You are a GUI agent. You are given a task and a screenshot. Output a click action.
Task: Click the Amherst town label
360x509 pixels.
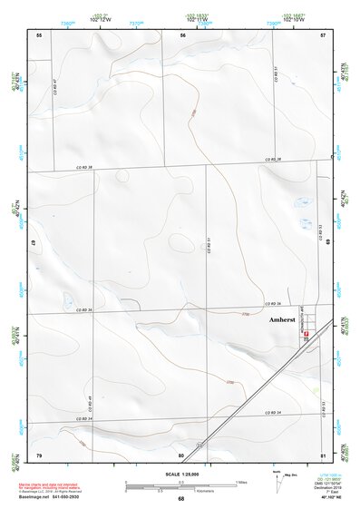(283, 320)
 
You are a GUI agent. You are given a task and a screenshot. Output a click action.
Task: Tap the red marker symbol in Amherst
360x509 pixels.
(306, 335)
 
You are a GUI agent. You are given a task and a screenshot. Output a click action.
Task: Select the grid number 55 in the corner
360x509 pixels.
(39, 34)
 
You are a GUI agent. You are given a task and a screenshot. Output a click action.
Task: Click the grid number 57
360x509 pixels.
(323, 34)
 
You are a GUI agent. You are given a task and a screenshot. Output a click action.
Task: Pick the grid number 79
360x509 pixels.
(39, 454)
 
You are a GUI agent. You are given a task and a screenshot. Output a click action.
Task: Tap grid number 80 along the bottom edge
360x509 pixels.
(181, 454)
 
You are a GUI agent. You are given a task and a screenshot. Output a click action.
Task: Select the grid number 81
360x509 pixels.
(323, 454)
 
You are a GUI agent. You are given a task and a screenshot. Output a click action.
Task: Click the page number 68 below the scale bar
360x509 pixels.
(181, 499)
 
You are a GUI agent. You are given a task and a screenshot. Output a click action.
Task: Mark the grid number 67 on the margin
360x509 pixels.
(34, 244)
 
